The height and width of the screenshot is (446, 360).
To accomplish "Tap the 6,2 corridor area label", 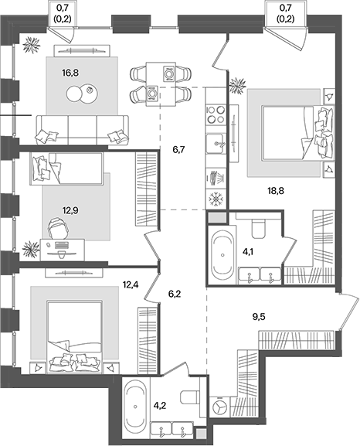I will pyautogui.click(x=175, y=294).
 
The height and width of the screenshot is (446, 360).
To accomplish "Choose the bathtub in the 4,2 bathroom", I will pyautogui.click(x=137, y=406).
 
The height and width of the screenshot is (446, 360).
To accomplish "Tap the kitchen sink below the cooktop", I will pyautogui.click(x=216, y=143).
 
